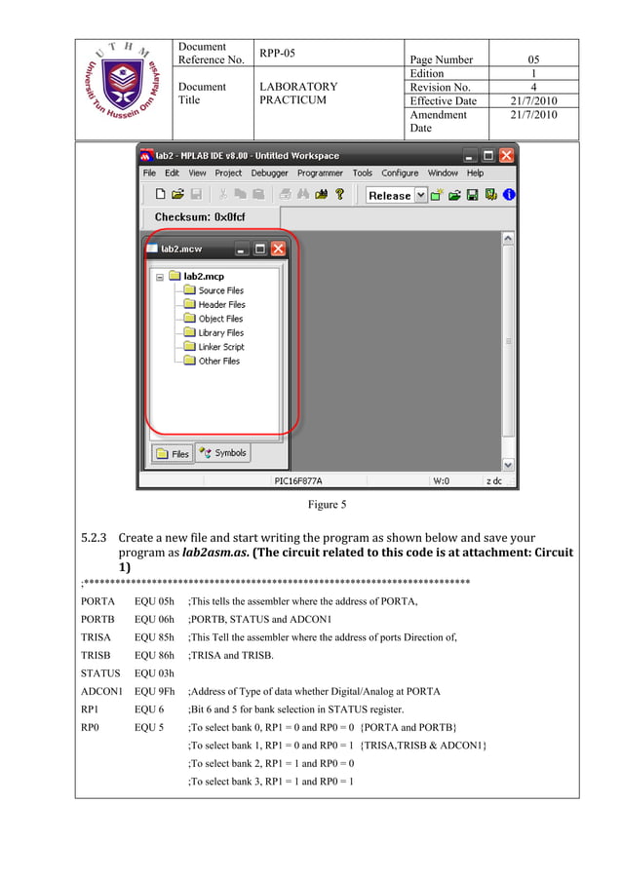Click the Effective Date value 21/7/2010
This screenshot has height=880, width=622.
tap(533, 100)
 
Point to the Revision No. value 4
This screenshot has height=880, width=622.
tap(533, 87)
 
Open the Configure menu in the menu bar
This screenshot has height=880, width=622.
tap(400, 172)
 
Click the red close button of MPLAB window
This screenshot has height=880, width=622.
tap(506, 155)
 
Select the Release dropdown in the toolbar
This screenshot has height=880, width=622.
tap(397, 195)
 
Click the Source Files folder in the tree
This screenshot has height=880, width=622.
tap(220, 290)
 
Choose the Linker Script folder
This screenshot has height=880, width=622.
tap(221, 347)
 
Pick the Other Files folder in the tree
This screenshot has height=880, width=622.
tap(218, 361)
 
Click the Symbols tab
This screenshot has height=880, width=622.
tap(223, 452)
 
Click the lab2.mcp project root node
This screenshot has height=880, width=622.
tap(204, 276)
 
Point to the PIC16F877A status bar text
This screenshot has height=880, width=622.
tap(297, 480)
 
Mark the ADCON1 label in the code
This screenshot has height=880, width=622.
tap(100, 691)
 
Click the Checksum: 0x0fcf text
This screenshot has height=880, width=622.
tap(200, 217)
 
